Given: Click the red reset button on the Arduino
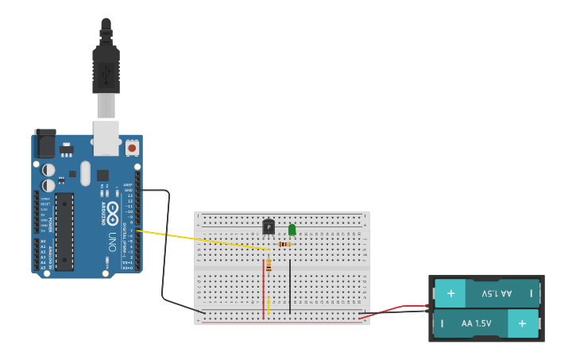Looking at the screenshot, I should (x=131, y=148).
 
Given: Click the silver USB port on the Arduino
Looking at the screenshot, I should (x=106, y=137).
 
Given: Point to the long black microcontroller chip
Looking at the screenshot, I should (x=64, y=230).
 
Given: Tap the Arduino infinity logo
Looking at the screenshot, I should (x=113, y=212).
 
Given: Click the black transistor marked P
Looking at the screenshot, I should (x=269, y=228).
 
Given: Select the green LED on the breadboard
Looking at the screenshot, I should (x=292, y=230).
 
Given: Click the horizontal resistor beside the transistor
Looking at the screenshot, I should (x=284, y=244).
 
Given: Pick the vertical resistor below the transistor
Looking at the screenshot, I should (x=269, y=266).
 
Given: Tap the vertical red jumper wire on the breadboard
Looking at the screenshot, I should (x=263, y=290).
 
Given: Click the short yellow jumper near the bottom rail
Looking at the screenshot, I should (x=269, y=306).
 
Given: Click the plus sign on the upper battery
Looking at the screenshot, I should (x=450, y=293).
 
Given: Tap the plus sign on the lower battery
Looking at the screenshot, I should (x=522, y=323).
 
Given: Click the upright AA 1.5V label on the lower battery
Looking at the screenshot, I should (x=477, y=323).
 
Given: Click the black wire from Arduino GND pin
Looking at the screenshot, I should (x=165, y=246).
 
